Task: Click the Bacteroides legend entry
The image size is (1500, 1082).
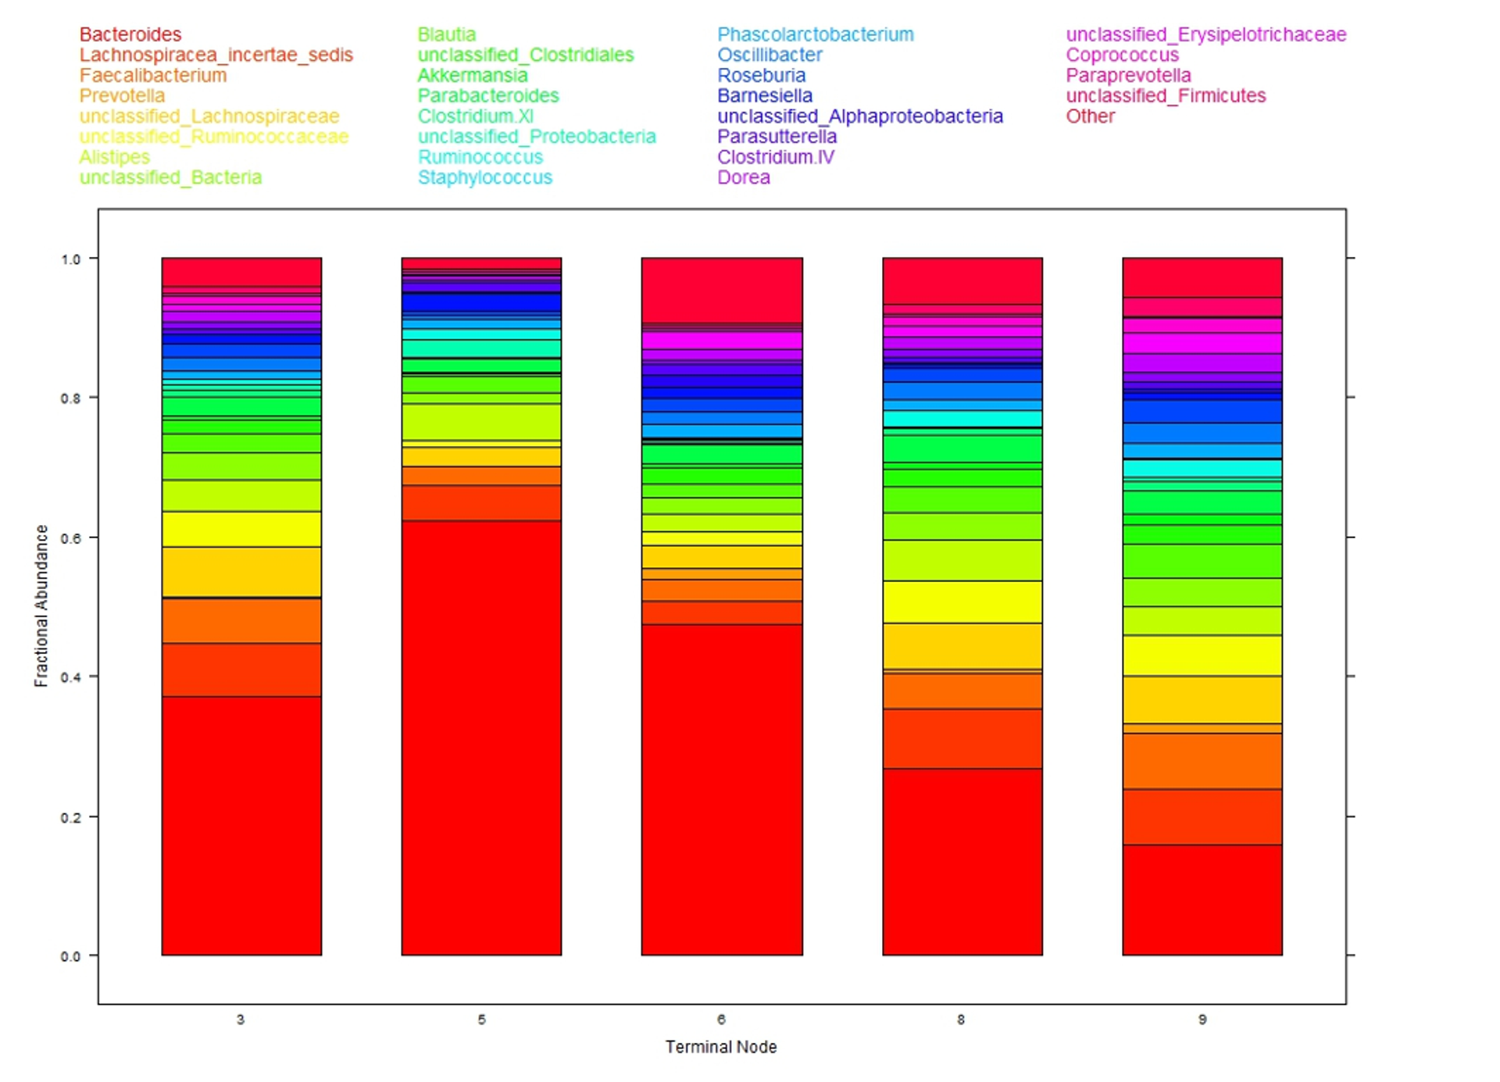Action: pyautogui.click(x=130, y=34)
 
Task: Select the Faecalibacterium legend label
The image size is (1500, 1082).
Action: pyautogui.click(x=153, y=75)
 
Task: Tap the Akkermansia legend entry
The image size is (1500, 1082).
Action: pyautogui.click(x=472, y=75)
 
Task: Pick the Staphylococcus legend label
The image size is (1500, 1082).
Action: pyautogui.click(x=484, y=177)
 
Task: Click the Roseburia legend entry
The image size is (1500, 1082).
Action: pyautogui.click(x=761, y=75)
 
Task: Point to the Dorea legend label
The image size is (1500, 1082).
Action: pyautogui.click(x=743, y=177)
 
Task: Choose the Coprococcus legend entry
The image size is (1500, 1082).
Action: pyautogui.click(x=1122, y=55)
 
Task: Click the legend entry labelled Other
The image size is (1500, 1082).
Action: pyautogui.click(x=1090, y=116)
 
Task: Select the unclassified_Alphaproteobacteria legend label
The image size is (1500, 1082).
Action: pyautogui.click(x=859, y=116)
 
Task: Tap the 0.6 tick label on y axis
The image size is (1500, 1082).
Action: pyautogui.click(x=70, y=538)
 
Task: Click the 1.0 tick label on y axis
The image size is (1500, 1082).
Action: pyautogui.click(x=70, y=259)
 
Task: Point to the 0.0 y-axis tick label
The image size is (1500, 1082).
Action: pyautogui.click(x=70, y=956)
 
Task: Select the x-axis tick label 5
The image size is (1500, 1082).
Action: pyautogui.click(x=481, y=1020)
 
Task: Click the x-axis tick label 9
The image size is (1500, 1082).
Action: pyautogui.click(x=1202, y=1020)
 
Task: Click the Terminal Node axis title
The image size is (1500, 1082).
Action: pyautogui.click(x=720, y=1047)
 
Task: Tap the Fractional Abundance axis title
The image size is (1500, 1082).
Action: pyautogui.click(x=41, y=605)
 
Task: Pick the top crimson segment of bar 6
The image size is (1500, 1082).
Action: pyautogui.click(x=722, y=290)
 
